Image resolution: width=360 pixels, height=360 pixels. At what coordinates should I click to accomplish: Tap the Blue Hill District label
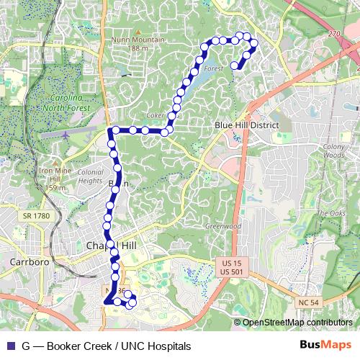click(x=247, y=125)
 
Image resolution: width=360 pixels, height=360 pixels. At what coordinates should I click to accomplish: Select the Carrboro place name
click(x=30, y=262)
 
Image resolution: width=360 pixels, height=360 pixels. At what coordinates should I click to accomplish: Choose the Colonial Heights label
click(x=90, y=177)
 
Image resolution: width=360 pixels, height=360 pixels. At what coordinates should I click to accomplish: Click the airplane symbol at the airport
click(x=66, y=134)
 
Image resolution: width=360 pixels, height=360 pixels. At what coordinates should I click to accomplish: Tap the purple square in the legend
click(x=9, y=346)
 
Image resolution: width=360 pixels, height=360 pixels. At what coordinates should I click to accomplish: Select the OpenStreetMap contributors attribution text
click(x=297, y=323)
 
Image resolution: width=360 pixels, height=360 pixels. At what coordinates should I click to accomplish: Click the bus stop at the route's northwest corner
click(x=112, y=130)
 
